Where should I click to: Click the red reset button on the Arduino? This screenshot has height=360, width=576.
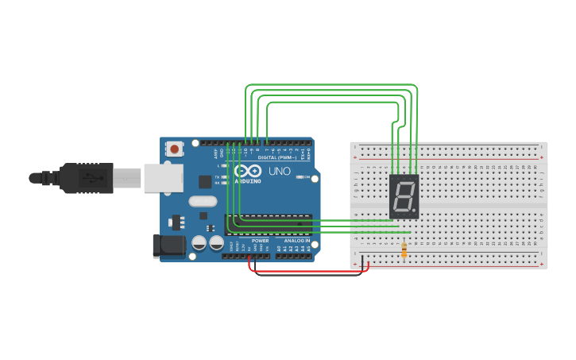click(x=175, y=149)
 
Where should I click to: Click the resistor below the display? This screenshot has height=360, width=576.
click(x=404, y=250)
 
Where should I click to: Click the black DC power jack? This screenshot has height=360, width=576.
click(x=168, y=246)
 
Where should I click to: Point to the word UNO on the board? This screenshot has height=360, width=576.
click(x=280, y=172)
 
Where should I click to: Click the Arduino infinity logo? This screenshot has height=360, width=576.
click(x=247, y=172)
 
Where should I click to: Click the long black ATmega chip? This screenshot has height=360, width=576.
click(x=269, y=225)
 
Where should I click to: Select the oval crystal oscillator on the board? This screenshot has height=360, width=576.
click(x=203, y=202)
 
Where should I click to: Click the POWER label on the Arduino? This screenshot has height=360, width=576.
click(x=260, y=240)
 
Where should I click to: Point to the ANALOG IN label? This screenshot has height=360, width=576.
click(x=296, y=240)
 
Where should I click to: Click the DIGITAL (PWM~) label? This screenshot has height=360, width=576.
click(x=277, y=157)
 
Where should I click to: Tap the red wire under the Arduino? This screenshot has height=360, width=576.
click(x=310, y=273)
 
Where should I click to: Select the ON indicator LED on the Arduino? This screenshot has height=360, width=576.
click(x=300, y=177)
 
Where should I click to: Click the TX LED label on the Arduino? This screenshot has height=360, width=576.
click(x=217, y=176)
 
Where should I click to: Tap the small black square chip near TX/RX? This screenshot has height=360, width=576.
click(x=205, y=181)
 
